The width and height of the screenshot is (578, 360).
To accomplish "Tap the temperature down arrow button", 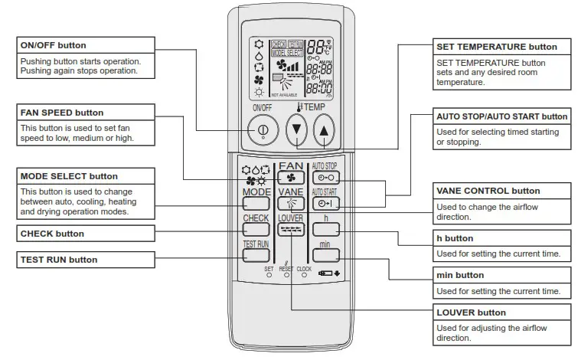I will [296, 131].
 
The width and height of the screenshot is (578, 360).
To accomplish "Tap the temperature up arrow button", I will [325, 131].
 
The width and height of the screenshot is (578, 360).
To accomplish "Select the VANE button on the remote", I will [291, 204].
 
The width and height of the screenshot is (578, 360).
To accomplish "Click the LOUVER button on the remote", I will [291, 229].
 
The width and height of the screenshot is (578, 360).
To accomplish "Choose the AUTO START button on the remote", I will [325, 204].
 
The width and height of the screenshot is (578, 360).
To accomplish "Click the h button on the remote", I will [325, 229].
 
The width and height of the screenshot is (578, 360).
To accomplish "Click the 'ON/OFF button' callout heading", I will [53, 45].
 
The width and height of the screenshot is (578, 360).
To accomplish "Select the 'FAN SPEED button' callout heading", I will [61, 113].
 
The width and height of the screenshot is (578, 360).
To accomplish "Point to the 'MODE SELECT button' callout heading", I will [69, 176].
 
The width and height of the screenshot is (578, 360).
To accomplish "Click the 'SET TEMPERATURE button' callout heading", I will [496, 47].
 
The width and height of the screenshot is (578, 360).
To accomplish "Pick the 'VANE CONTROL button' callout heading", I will [488, 191].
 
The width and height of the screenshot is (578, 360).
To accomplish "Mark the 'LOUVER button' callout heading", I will [471, 313].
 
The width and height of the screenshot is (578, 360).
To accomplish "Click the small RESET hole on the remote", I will [286, 275].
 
